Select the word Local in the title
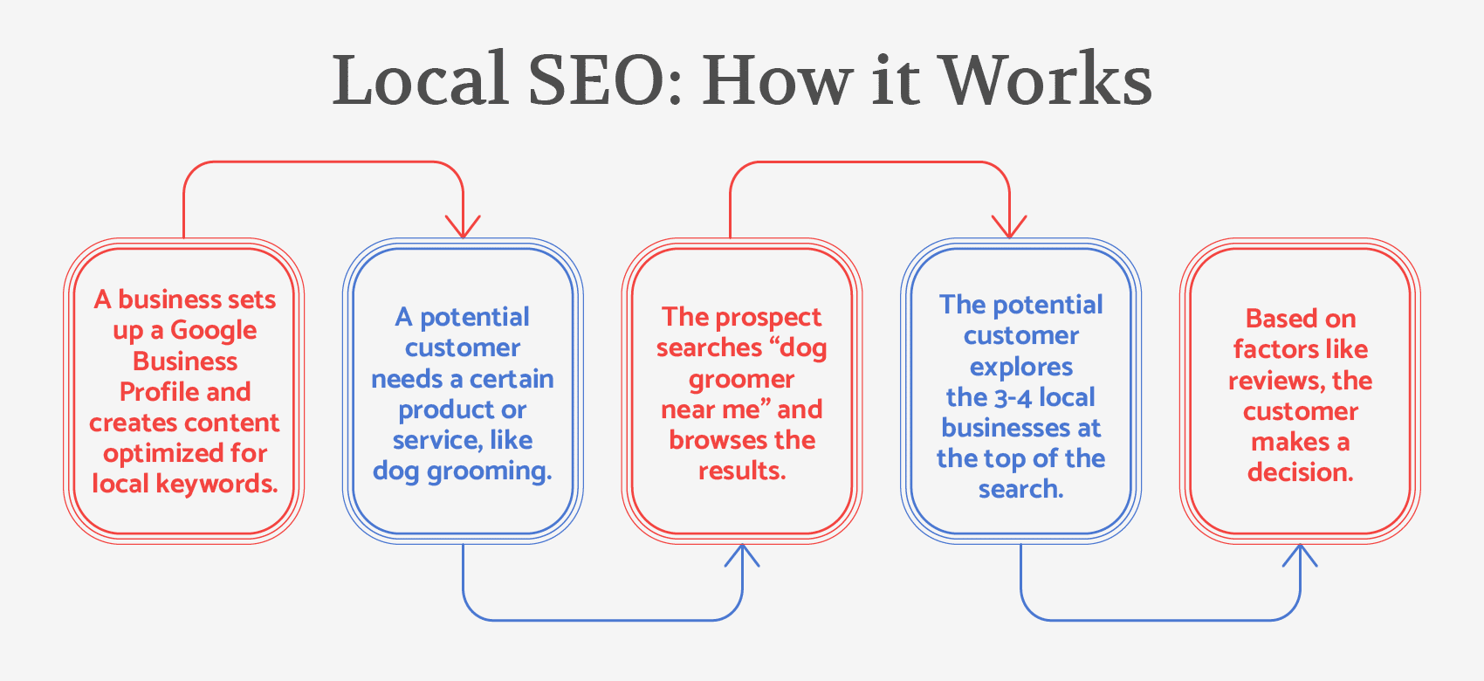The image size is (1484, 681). pyautogui.click(x=420, y=80)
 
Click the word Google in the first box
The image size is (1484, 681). pyautogui.click(x=214, y=331)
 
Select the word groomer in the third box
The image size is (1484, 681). pyautogui.click(x=742, y=380)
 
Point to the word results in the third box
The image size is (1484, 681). pyautogui.click(x=742, y=471)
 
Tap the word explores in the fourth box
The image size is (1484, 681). pyautogui.click(x=1021, y=368)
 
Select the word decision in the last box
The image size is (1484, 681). pyautogui.click(x=1300, y=472)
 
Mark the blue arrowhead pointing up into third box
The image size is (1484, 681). pyautogui.click(x=742, y=554)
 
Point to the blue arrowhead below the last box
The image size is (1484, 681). pyautogui.click(x=1300, y=554)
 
